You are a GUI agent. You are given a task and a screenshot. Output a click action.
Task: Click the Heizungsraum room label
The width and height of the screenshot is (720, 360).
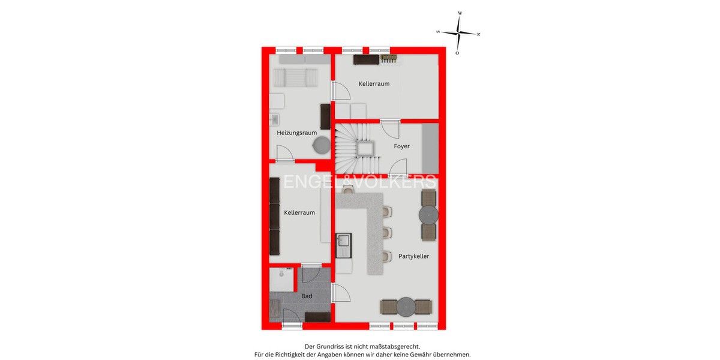point(296,133)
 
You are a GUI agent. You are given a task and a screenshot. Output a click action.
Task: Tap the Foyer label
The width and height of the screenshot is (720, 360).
point(401,146)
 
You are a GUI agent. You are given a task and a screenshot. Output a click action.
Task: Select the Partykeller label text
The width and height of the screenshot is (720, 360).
point(413,256)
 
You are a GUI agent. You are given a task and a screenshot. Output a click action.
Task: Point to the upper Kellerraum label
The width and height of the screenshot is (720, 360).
point(374,83)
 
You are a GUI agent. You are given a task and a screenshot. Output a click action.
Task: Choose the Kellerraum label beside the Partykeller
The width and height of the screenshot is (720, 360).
point(299,212)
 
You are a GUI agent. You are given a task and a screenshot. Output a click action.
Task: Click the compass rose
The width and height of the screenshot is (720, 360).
point(459,32)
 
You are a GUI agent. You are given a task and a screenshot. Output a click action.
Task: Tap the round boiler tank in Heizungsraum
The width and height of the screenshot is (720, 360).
point(322,145)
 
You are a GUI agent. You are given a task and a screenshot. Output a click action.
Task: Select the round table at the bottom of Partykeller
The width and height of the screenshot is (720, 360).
point(406,307)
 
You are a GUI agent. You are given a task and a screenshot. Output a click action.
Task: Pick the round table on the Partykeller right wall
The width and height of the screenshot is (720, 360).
point(429,214)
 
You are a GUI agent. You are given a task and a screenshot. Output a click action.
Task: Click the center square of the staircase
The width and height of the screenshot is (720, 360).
point(364,148)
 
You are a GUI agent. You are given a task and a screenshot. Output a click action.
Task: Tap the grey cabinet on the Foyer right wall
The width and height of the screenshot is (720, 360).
point(430,148)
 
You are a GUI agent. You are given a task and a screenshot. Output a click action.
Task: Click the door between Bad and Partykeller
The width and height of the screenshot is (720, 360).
point(341,294)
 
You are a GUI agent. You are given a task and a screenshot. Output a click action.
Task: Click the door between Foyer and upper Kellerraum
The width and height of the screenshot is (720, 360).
point(389,128)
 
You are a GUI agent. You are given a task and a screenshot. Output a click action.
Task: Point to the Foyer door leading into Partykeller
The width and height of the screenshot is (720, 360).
point(398,167)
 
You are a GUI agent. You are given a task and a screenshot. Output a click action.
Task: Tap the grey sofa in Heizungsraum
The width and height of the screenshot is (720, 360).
point(295,77)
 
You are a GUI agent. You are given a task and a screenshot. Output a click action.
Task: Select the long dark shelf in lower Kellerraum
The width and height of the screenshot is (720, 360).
point(275,215)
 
